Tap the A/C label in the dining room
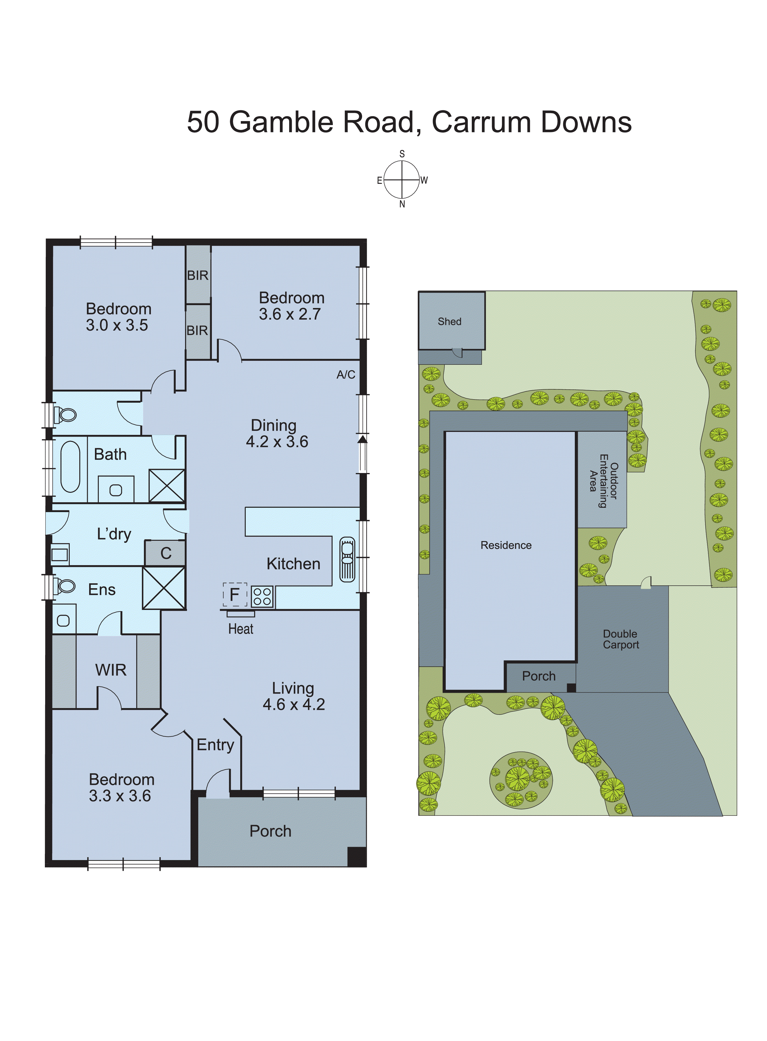346,375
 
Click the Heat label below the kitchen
241,629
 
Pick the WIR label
111,670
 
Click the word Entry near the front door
215,745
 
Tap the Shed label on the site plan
449,321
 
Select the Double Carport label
621,639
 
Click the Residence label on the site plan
506,545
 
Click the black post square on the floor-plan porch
357,857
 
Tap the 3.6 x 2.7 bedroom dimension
290,314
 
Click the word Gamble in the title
281,122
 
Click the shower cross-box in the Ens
164,588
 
